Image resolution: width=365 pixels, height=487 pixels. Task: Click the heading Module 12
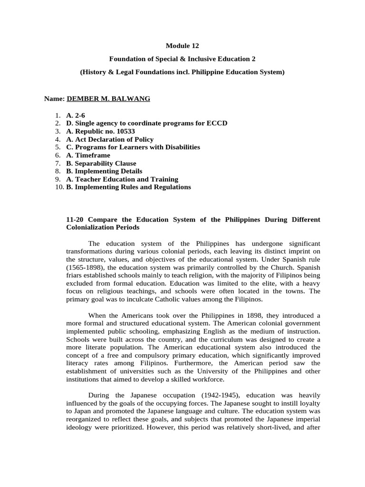[x=182, y=46]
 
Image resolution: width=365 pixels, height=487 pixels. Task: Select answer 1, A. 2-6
[x=76, y=115]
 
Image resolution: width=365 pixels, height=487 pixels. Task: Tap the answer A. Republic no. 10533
[x=97, y=131]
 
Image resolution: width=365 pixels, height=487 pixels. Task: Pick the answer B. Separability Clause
[x=101, y=163]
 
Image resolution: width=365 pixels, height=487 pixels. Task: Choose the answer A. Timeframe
[x=88, y=155]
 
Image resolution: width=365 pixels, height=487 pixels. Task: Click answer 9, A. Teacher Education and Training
[x=122, y=179]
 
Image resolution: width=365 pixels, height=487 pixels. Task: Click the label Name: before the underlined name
[x=54, y=98]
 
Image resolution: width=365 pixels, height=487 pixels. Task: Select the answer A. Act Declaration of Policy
[x=110, y=139]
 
